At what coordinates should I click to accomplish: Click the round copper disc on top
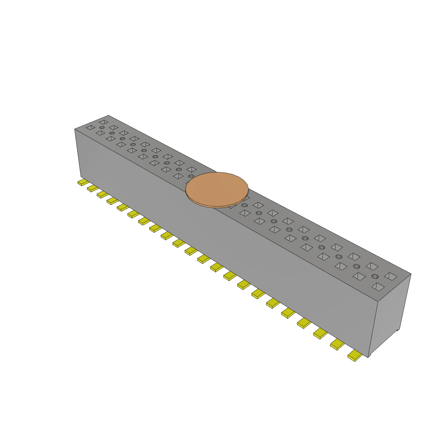coord(217,188)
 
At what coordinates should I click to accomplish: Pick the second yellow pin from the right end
coord(337,344)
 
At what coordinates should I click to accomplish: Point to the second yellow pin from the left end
coord(93,188)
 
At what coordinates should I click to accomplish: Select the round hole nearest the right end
coord(375,276)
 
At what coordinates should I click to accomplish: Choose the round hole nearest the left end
coord(102,128)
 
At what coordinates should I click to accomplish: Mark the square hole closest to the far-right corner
coord(390,276)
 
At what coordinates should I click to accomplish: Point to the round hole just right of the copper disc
coord(245,206)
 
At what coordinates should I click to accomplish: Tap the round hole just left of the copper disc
coord(191,176)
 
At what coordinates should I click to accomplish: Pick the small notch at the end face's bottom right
coord(398,329)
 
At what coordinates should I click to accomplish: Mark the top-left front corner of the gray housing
coord(75,129)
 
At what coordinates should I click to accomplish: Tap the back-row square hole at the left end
coord(103,122)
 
